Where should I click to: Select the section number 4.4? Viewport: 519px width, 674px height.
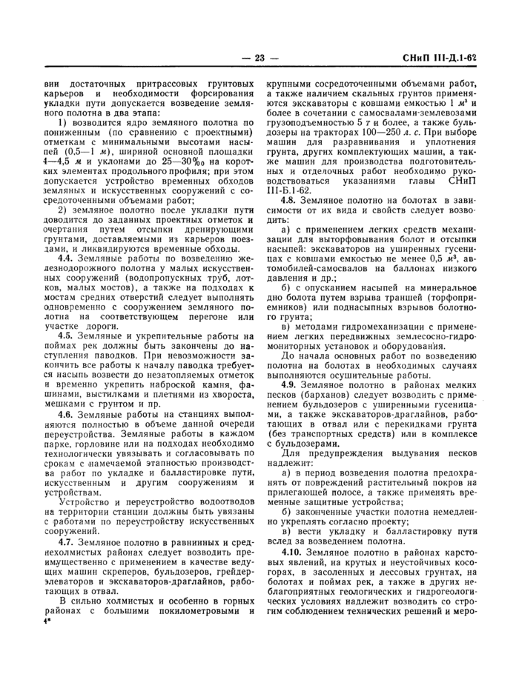click(69, 258)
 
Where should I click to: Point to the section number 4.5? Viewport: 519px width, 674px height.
click(69, 336)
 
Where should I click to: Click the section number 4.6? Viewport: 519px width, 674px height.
click(69, 413)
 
